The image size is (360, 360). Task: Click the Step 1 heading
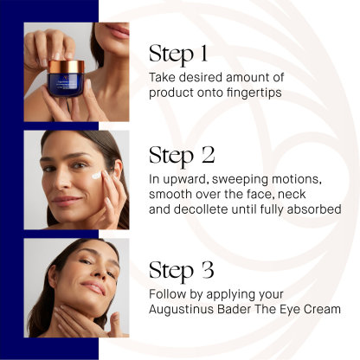[178, 54]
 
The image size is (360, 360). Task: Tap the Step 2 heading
[182, 156]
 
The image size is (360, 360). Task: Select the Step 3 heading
[182, 271]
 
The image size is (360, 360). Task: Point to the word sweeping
[235, 180]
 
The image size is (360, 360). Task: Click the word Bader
[234, 309]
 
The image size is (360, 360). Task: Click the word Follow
[167, 294]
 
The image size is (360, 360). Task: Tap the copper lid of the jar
[66, 67]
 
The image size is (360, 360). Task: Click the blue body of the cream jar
[66, 85]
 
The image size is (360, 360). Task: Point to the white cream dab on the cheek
[96, 175]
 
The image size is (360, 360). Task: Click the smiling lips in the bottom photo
[93, 287]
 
